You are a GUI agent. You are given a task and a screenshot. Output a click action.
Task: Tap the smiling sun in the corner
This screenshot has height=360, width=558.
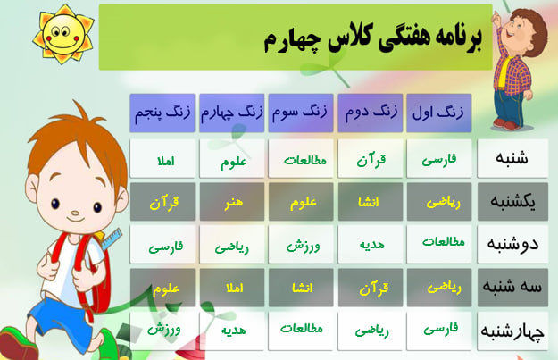click(63, 35)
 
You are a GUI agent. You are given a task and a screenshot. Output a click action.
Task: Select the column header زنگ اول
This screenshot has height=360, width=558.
click(438, 113)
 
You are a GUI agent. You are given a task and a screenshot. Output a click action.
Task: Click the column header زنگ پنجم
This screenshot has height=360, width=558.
click(162, 113)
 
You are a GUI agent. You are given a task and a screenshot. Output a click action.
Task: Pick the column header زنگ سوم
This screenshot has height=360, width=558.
click(301, 113)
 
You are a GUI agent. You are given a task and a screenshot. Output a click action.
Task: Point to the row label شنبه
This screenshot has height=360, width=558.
click(512, 158)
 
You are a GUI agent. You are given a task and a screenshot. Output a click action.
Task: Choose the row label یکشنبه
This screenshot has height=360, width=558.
click(512, 202)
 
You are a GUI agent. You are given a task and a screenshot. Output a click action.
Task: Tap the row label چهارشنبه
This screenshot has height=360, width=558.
click(512, 331)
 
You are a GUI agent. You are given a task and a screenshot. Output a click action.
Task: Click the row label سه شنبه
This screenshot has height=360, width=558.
click(512, 287)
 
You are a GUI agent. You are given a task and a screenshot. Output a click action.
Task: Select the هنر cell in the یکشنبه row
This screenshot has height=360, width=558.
click(232, 202)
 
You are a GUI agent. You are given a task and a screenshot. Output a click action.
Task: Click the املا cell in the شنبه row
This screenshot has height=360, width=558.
click(162, 158)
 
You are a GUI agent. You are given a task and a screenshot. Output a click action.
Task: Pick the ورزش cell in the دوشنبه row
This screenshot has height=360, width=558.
click(301, 245)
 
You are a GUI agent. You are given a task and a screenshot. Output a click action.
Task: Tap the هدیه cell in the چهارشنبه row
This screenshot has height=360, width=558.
click(232, 331)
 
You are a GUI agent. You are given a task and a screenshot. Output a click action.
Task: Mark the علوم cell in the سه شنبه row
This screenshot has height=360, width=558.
click(162, 288)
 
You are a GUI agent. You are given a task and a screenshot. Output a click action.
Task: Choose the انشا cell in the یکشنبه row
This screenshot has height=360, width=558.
click(371, 202)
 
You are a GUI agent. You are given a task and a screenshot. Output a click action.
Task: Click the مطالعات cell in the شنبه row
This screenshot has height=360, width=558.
click(301, 158)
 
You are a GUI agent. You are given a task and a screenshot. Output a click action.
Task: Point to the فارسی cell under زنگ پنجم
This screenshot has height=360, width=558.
click(162, 245)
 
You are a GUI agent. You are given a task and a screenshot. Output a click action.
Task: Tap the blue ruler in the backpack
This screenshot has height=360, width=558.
click(112, 239)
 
